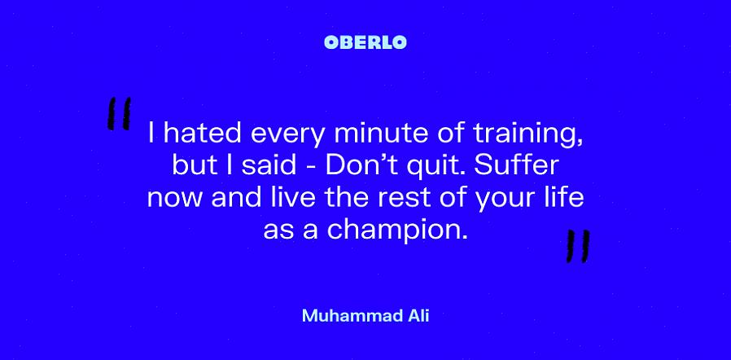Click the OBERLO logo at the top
pos(365,42)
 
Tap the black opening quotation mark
pos(119,113)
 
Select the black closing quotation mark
pos(578,246)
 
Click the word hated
pos(202,134)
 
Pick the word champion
pos(397,230)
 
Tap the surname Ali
pos(418,316)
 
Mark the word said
pos(269,165)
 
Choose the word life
pos(567,197)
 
